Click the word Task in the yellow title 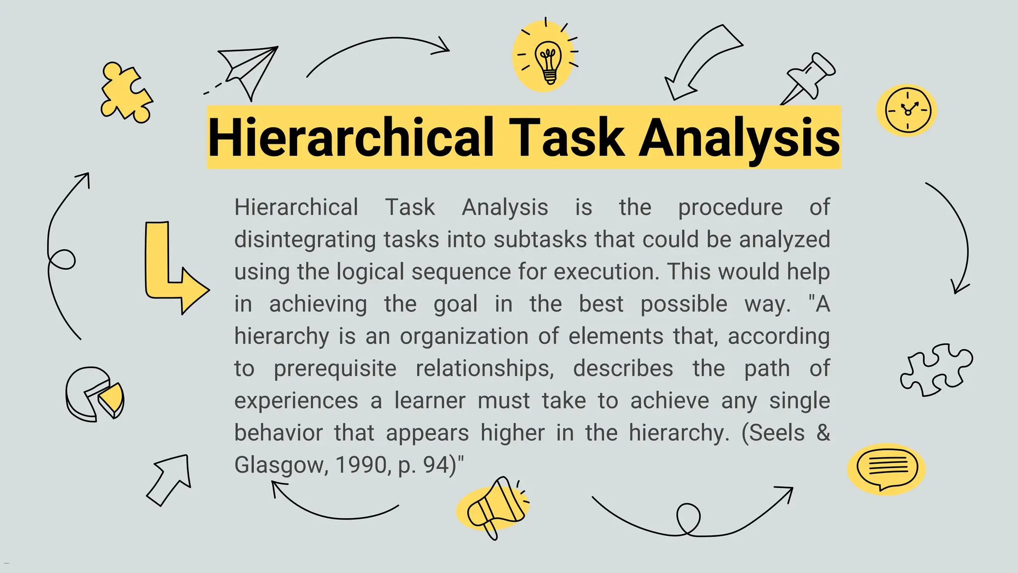click(x=566, y=138)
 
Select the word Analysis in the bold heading click(x=739, y=138)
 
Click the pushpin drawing click(x=810, y=78)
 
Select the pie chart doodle click(x=94, y=394)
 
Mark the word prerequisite click(x=335, y=369)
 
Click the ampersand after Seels click(x=823, y=433)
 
